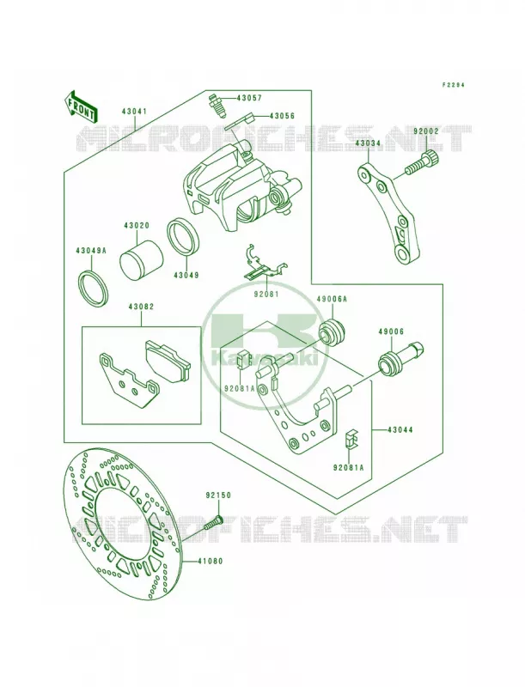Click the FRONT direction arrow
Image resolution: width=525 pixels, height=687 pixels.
(x=80, y=106)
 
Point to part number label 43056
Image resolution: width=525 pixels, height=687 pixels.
(x=282, y=116)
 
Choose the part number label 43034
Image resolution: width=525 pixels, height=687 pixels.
(x=368, y=143)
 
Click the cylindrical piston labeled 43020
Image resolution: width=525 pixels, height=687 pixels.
(x=142, y=260)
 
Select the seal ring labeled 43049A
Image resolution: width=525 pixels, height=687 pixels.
(x=93, y=290)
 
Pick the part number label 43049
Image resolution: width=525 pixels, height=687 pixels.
(x=186, y=276)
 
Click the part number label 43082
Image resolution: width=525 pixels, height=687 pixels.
(x=141, y=307)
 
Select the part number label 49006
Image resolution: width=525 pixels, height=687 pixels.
(x=391, y=331)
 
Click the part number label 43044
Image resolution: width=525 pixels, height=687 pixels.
(x=400, y=430)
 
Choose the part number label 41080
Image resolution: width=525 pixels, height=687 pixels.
(x=210, y=561)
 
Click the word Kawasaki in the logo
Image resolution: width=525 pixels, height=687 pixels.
(x=266, y=359)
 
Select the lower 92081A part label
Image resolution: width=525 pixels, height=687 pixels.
(x=348, y=467)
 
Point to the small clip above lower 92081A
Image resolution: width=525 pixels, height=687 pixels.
(x=351, y=439)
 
